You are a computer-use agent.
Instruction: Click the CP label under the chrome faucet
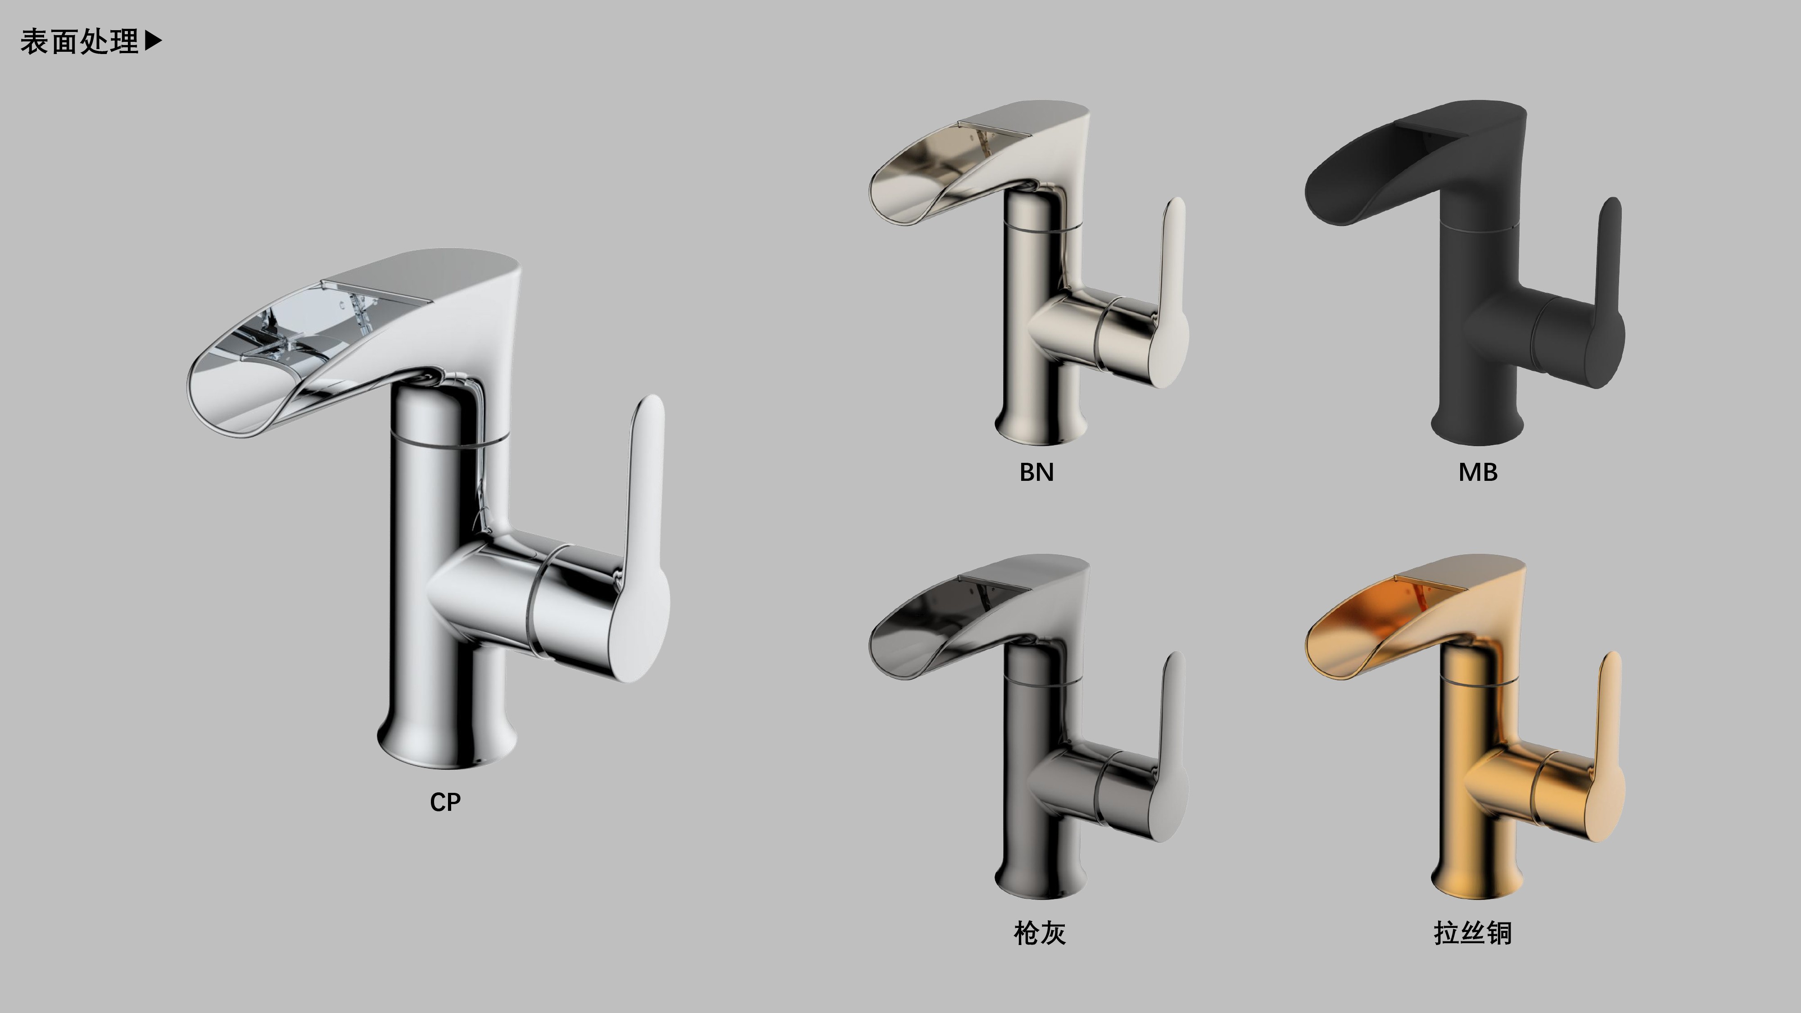click(x=445, y=802)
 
